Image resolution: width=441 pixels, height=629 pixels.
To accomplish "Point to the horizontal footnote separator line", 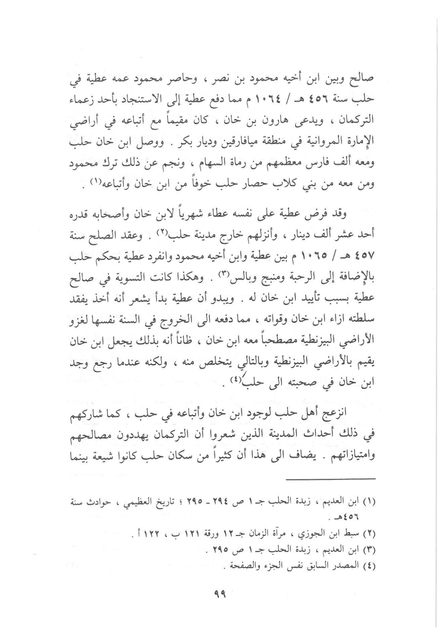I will pyautogui.click(x=331, y=479).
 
